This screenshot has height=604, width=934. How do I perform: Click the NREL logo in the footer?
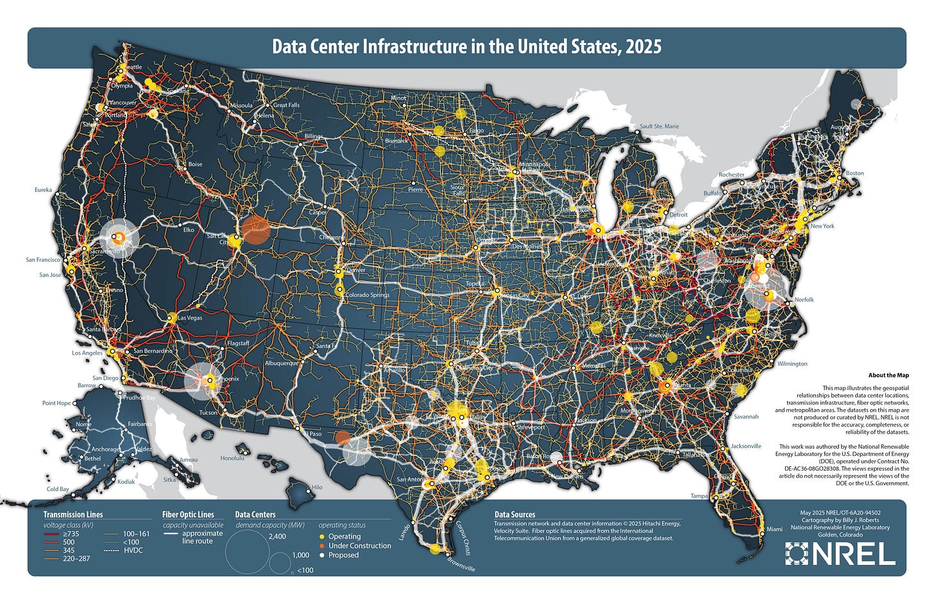[x=840, y=553]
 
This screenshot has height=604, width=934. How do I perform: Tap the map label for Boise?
[x=194, y=164]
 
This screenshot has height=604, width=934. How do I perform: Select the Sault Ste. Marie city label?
[x=659, y=126]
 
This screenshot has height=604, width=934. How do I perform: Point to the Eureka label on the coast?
[x=43, y=190]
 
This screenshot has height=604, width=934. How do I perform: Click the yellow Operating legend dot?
[x=322, y=537]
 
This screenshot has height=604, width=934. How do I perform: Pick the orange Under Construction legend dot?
[x=322, y=546]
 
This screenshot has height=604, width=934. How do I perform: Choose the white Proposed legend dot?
[x=322, y=555]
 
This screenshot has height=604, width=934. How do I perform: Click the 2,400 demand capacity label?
[x=277, y=537]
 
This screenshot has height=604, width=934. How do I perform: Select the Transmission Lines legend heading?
[x=72, y=514]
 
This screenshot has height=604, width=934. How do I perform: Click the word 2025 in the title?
[x=642, y=47]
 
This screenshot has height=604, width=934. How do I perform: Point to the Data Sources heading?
[x=514, y=514]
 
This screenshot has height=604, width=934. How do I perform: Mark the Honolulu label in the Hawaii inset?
[x=232, y=458]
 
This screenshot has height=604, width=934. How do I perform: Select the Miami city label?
[x=775, y=529]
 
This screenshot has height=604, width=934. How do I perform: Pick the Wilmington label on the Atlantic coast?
[x=792, y=364]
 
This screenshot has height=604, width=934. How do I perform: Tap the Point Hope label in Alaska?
[x=56, y=403]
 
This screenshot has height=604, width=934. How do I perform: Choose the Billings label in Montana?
[x=314, y=137]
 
